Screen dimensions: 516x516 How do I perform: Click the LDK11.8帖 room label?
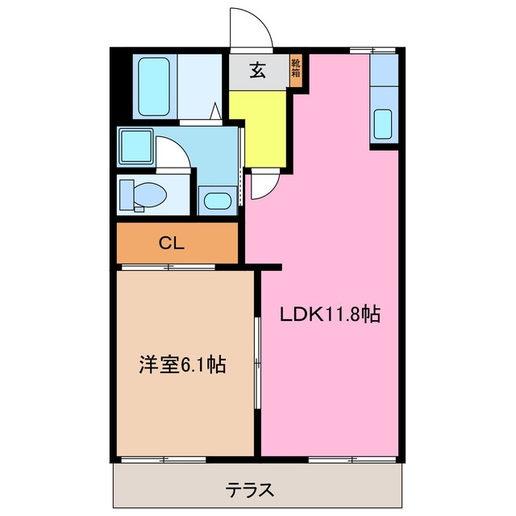pyautogui.click(x=329, y=314)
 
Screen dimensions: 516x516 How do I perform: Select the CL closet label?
pyautogui.click(x=173, y=242)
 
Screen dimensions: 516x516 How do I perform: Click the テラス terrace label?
pyautogui.click(x=249, y=489)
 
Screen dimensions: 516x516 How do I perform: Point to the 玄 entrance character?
pyautogui.click(x=257, y=71)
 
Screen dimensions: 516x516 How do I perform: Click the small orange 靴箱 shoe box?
pyautogui.click(x=296, y=70)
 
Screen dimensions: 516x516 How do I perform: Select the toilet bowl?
pyautogui.click(x=144, y=194)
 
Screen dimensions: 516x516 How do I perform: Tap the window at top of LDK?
pyautogui.click(x=372, y=51)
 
